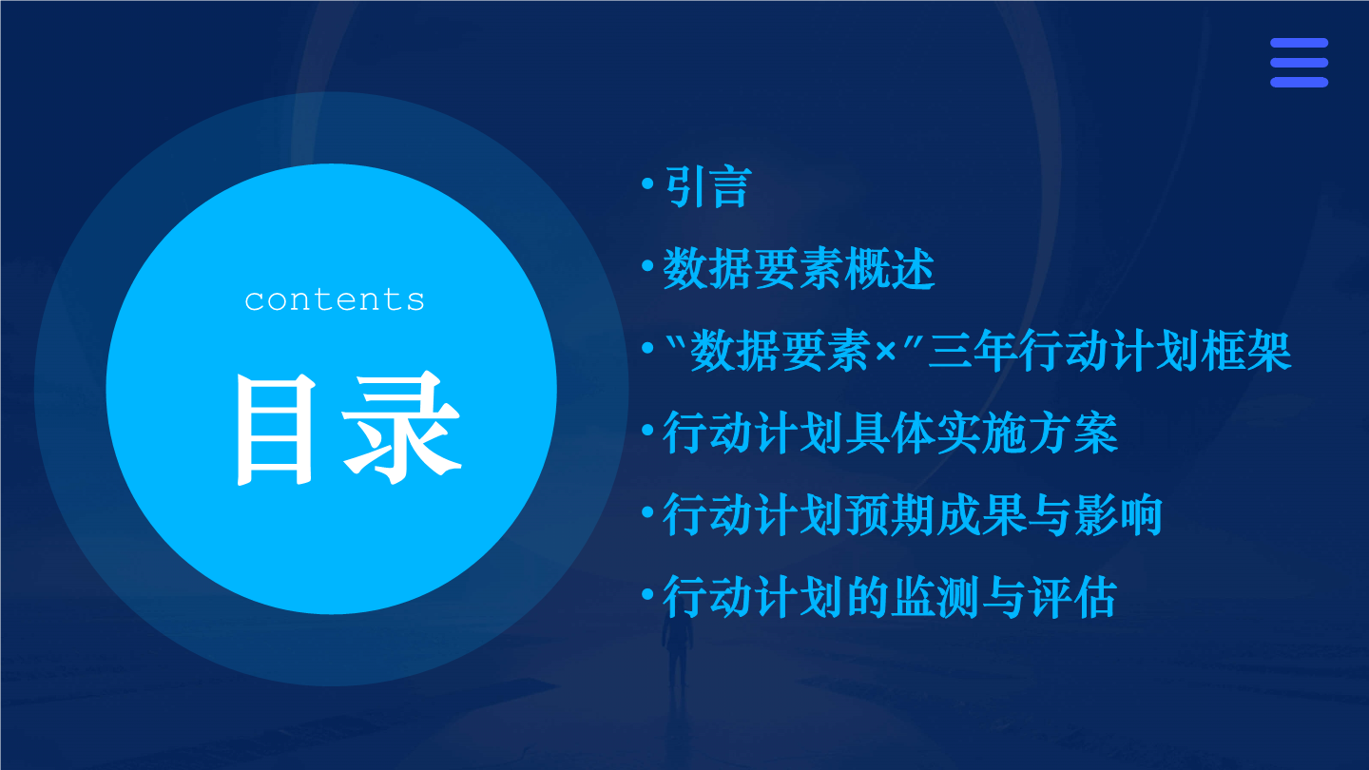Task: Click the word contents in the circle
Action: click(x=335, y=299)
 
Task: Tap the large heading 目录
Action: click(x=348, y=428)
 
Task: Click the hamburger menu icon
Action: click(x=1299, y=63)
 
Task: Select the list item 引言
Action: click(x=707, y=187)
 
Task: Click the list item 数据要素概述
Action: click(x=799, y=269)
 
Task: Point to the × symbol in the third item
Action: click(x=885, y=352)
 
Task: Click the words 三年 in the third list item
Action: click(x=973, y=351)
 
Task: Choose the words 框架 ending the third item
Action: click(x=1246, y=351)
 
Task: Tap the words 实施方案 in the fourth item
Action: click(x=1027, y=433)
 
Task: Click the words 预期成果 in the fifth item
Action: click(x=936, y=515)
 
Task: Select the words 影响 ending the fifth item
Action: click(x=1118, y=515)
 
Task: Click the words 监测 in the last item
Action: click(x=936, y=597)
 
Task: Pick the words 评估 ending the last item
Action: click(x=1072, y=597)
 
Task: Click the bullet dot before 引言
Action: click(x=647, y=183)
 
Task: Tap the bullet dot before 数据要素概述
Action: click(x=647, y=266)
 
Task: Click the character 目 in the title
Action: click(x=275, y=429)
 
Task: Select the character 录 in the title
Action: click(x=401, y=428)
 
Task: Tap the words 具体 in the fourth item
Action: click(x=891, y=433)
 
